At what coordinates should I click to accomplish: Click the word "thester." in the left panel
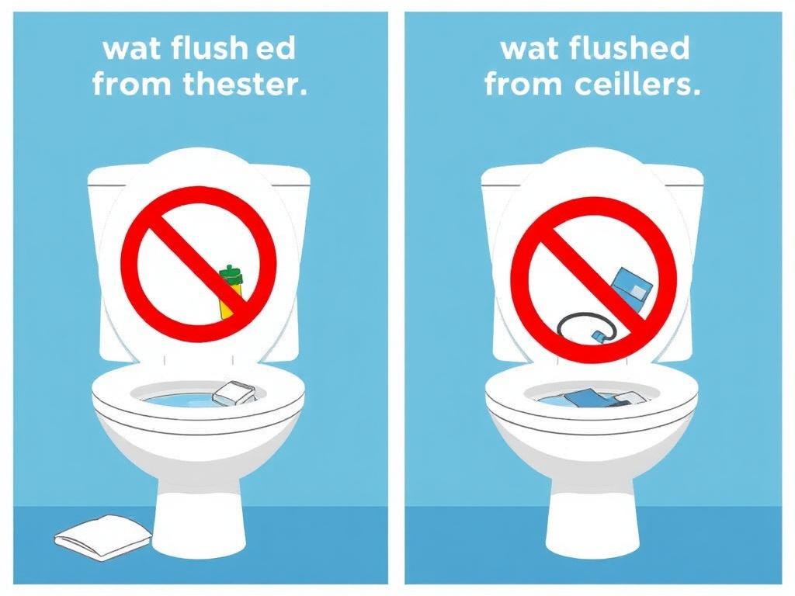[245, 84]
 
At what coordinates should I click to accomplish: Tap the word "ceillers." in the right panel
[638, 84]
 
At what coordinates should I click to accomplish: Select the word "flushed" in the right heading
[629, 48]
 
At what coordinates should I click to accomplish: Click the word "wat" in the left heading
[132, 50]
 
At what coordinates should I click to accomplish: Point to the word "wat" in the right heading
[529, 50]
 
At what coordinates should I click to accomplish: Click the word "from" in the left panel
[131, 84]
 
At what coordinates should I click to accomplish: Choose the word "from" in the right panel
[524, 84]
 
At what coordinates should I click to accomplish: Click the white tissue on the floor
[103, 537]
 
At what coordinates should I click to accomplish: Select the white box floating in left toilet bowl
[234, 393]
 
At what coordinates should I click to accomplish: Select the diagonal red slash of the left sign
[199, 264]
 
